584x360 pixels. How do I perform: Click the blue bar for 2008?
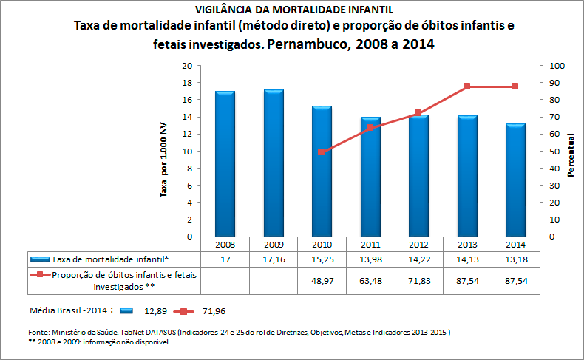pos(225,164)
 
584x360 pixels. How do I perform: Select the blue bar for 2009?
pos(274,163)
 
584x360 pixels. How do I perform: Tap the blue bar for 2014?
pos(515,180)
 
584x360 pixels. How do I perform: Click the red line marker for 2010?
pos(322,152)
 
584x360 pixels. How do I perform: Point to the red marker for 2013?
pos(466,86)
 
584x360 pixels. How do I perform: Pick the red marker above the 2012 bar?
pos(418,113)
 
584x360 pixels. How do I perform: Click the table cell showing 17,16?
pos(274,259)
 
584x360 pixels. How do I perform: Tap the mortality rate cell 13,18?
pos(515,259)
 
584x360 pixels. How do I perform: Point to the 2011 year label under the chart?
pos(370,244)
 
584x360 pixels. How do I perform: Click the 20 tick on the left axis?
pos(187,66)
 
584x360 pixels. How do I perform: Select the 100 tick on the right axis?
pos(556,66)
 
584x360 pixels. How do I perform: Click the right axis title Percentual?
pos(571,155)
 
